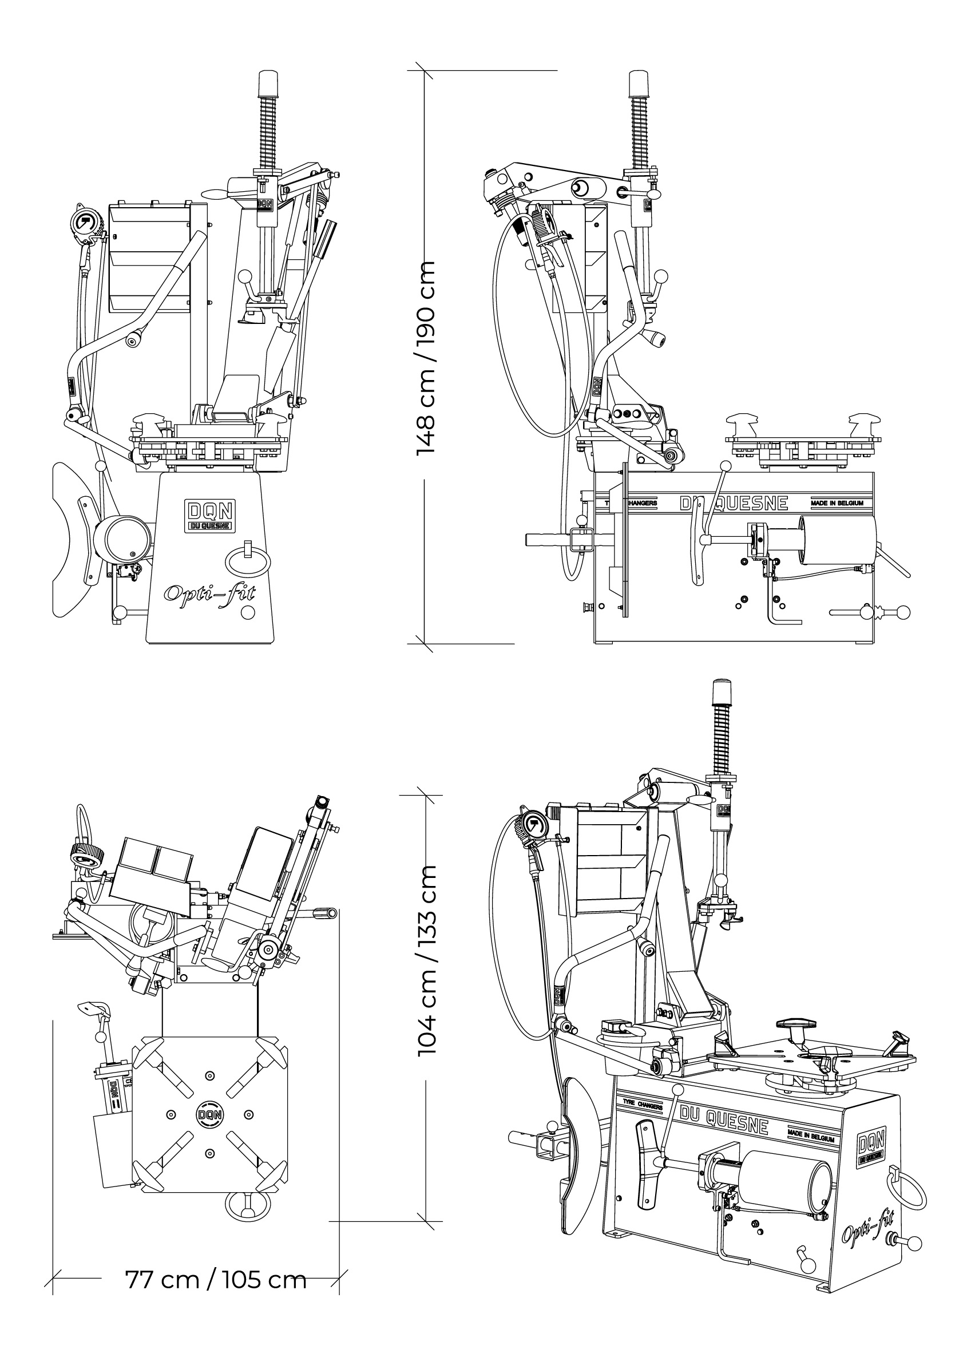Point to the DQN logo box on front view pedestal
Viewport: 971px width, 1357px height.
click(210, 515)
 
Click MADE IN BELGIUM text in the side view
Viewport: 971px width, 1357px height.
click(837, 503)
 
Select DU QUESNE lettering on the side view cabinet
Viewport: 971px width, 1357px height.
click(734, 503)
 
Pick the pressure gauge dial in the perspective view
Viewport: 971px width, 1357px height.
click(531, 827)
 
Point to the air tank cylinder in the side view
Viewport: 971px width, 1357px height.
click(837, 541)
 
